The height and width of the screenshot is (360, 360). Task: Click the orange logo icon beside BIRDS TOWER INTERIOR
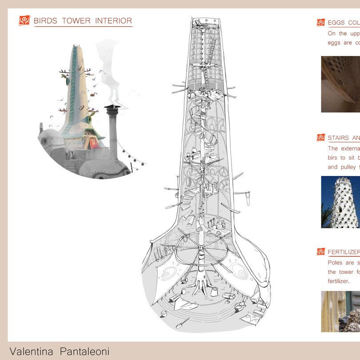(24, 20)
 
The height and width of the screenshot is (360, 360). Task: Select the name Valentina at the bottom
(30, 352)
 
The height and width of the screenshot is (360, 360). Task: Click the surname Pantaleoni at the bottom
(82, 352)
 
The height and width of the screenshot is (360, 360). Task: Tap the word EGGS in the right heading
(337, 23)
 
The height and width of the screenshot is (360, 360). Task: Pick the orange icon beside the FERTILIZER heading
(320, 252)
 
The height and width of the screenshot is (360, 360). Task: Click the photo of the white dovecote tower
(340, 202)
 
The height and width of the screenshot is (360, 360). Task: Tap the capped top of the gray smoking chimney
(111, 108)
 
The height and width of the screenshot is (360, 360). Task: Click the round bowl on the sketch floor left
(163, 313)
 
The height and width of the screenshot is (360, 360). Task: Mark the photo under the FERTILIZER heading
(340, 311)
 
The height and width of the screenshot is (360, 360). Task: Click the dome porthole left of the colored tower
(46, 141)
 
